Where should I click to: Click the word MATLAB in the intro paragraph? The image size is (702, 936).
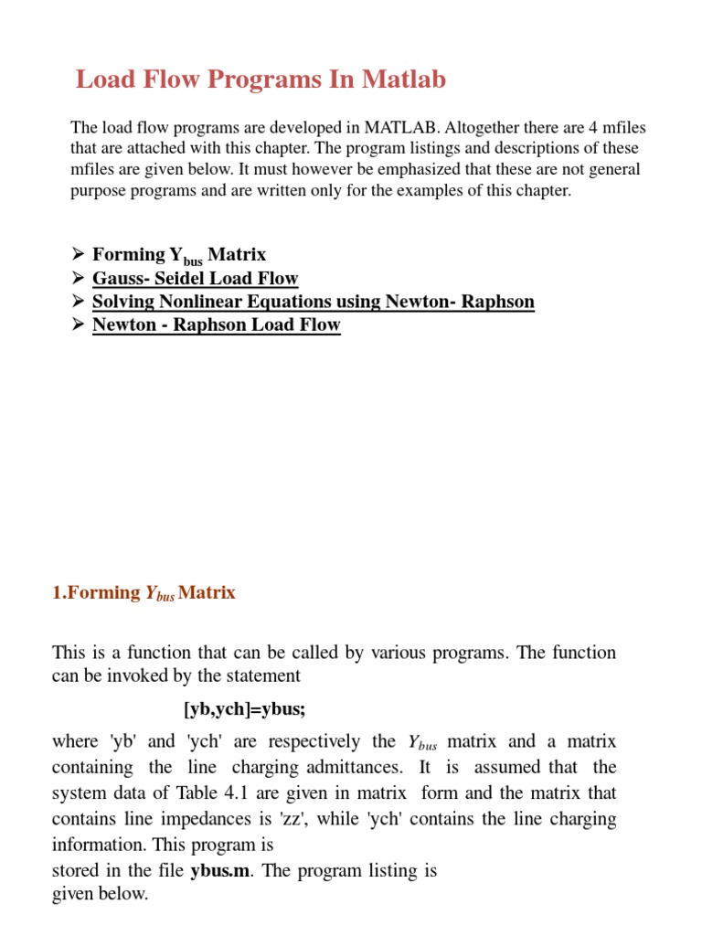point(401,127)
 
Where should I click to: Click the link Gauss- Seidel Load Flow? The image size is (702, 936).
point(195,279)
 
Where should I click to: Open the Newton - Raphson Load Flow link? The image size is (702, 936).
point(216,324)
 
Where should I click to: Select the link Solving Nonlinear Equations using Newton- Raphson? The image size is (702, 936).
point(313,302)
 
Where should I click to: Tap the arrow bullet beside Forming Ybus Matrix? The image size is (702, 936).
point(78,255)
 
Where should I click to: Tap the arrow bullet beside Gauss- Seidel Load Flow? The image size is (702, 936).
point(78,278)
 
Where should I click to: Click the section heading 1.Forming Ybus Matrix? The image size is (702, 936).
point(144,592)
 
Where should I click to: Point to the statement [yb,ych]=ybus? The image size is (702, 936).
point(248,709)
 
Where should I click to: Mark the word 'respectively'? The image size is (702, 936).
point(313,740)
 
